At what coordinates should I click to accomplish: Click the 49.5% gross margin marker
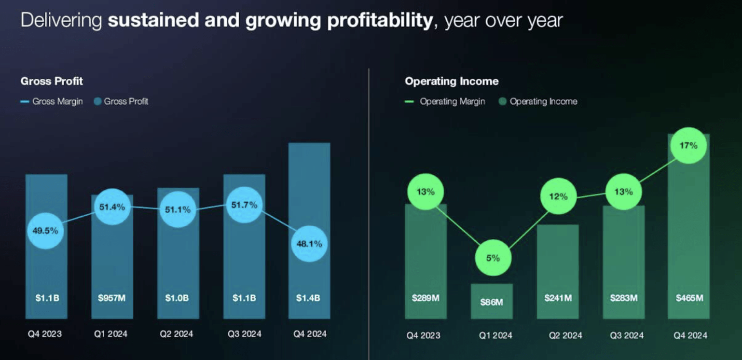45,231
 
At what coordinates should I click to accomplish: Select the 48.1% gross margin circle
309,244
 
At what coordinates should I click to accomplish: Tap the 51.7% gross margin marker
245,205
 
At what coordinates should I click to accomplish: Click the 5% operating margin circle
493,258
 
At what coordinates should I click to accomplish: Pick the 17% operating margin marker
688,145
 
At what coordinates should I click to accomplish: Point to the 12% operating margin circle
559,196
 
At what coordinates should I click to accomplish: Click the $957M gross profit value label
112,298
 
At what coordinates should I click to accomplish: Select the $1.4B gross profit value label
309,298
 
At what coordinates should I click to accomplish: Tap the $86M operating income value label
492,302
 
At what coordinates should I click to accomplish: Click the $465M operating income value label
689,298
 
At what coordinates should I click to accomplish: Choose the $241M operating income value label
558,298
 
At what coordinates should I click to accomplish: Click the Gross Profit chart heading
52,81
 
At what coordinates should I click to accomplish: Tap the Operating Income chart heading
452,81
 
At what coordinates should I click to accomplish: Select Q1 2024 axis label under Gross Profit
111,334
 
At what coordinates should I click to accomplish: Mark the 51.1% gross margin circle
178,209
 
